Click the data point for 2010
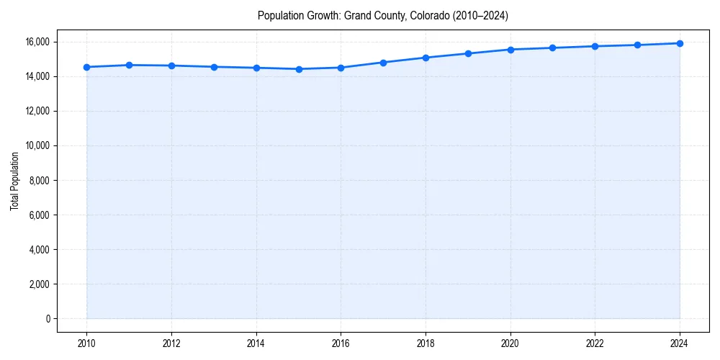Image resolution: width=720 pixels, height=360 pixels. tap(86, 67)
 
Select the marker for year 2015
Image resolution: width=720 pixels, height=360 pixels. tap(299, 69)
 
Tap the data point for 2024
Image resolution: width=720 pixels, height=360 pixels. tap(680, 43)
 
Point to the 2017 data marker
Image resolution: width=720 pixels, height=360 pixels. tap(383, 63)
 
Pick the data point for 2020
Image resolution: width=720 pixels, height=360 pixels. tap(510, 50)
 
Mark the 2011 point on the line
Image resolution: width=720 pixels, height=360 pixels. tap(129, 65)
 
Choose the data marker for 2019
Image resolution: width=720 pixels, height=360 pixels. tap(468, 53)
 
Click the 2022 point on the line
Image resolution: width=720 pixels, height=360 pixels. tap(595, 46)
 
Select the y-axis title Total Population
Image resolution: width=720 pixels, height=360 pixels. tap(14, 181)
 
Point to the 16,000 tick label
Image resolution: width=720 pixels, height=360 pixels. tap(37, 42)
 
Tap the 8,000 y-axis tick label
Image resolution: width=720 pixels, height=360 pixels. tap(39, 180)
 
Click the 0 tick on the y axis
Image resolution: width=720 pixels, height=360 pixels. tap(48, 318)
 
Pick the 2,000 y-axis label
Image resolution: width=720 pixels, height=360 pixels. tap(39, 284)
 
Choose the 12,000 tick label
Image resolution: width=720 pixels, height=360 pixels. tap(37, 111)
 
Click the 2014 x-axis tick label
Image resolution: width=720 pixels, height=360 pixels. tap(256, 343)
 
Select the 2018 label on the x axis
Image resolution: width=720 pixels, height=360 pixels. tap(426, 343)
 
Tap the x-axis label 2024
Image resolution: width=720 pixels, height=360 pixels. tap(680, 343)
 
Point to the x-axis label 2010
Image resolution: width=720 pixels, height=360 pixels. tap(86, 343)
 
